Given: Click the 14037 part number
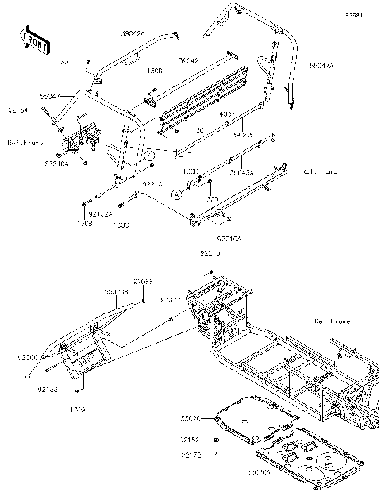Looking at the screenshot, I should pyautogui.click(x=225, y=115).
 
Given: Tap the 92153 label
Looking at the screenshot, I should pyautogui.click(x=48, y=390).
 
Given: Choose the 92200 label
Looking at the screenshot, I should pyautogui.click(x=26, y=358).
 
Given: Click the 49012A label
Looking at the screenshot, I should pyautogui.click(x=133, y=34).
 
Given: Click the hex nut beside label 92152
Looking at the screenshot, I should pyautogui.click(x=215, y=439).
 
